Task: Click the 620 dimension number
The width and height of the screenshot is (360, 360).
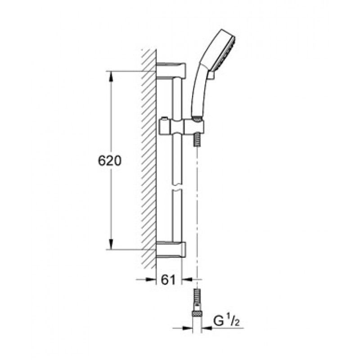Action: tap(109, 161)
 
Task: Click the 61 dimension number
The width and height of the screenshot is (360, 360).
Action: tap(168, 279)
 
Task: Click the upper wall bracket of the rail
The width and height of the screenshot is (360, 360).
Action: tap(171, 70)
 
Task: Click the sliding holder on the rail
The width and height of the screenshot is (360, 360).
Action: tap(181, 126)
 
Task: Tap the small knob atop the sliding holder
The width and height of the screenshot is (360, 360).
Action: tap(164, 119)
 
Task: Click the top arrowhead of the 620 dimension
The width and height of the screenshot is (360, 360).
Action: tap(111, 76)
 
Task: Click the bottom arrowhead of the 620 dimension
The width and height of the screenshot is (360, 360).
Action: tap(111, 244)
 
